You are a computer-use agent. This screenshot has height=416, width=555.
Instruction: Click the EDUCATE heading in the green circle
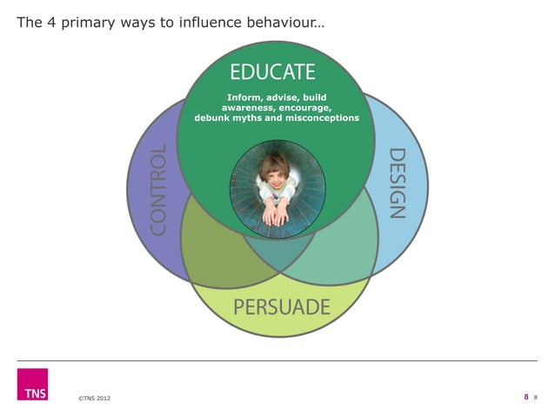pos(272,70)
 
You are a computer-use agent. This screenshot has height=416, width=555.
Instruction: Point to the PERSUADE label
pos(281,306)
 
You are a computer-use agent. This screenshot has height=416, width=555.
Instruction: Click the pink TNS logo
pos(32,385)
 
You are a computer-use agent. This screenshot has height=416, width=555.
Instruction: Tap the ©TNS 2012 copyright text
pos(93,399)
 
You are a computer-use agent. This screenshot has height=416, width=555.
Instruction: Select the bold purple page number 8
pos(525,397)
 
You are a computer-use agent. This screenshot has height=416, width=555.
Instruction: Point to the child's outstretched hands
pos(275,210)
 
